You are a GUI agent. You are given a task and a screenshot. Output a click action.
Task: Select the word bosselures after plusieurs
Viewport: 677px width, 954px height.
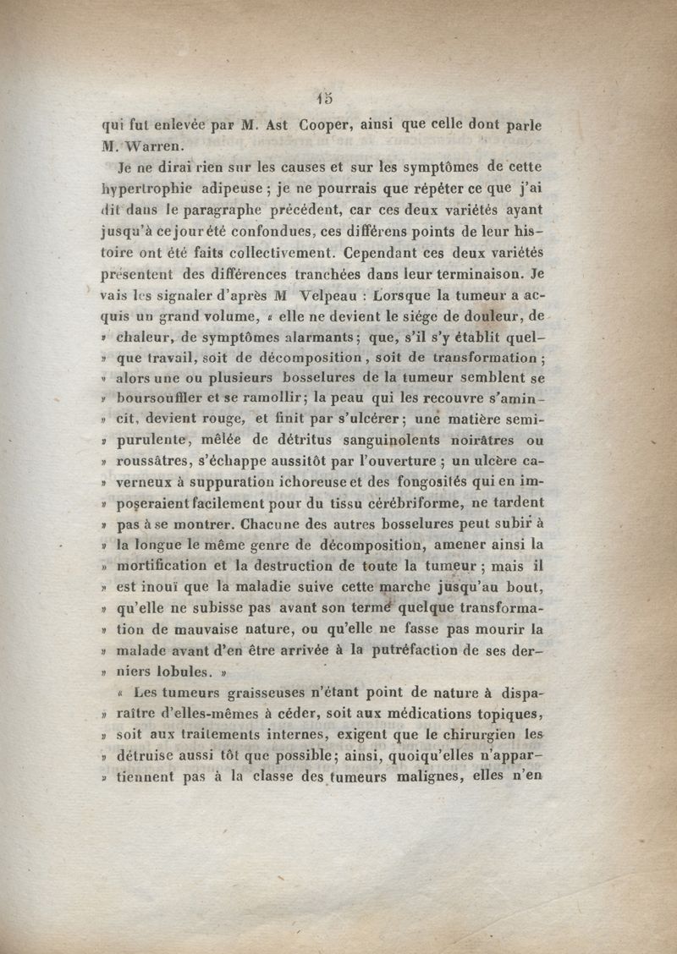click(305, 379)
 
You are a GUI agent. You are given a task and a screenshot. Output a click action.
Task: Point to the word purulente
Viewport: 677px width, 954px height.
click(152, 441)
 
